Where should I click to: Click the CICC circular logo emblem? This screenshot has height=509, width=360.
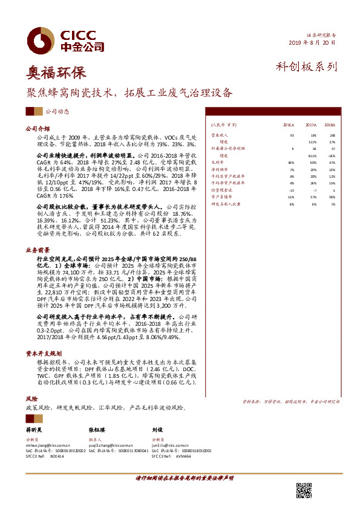[45, 39]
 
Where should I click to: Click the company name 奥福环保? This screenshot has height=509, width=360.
[56, 73]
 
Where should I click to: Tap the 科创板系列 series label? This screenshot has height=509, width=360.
[306, 67]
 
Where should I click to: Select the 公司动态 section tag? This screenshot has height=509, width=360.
[58, 111]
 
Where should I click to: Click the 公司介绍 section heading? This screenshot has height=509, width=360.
[36, 129]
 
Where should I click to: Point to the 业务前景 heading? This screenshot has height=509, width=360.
[36, 249]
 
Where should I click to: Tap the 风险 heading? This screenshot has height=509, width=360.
[31, 400]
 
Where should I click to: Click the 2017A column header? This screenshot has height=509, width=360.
[312, 124]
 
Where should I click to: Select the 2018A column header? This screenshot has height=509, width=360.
[330, 124]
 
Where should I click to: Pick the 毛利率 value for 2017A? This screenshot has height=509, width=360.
[313, 163]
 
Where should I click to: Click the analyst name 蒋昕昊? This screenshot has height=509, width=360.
[36, 429]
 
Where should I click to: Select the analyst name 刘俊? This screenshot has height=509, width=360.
[158, 429]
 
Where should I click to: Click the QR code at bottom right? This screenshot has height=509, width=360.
[304, 489]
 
